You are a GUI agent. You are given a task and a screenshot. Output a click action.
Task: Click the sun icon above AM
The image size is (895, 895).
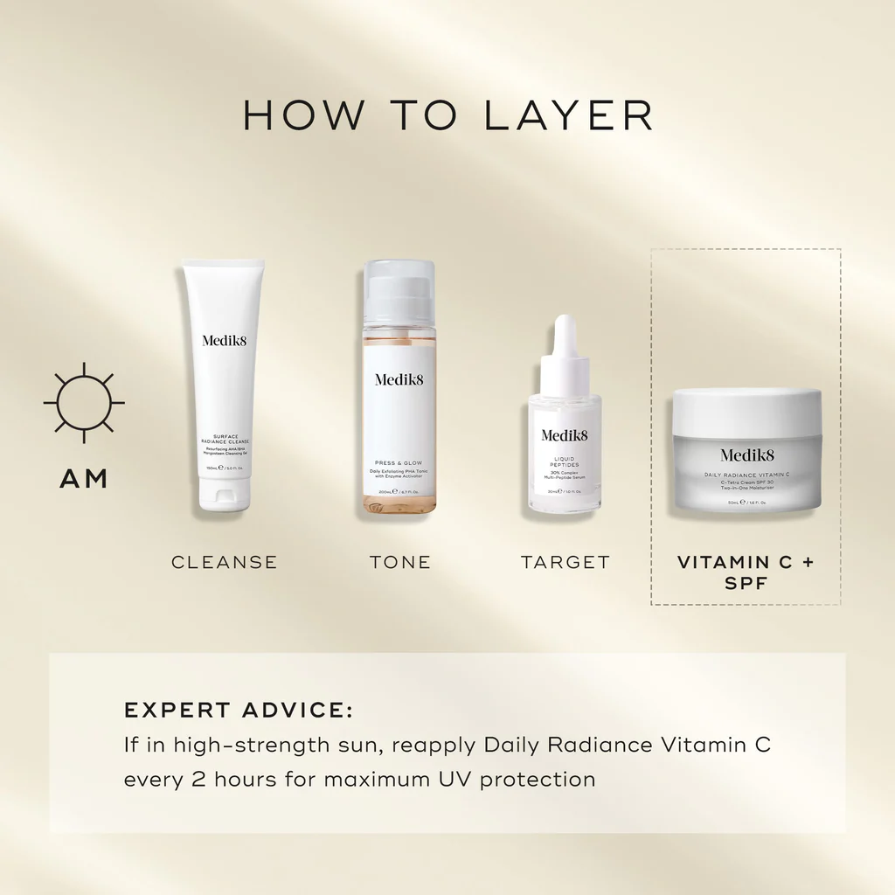84,402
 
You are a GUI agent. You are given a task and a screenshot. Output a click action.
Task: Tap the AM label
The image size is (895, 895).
84,479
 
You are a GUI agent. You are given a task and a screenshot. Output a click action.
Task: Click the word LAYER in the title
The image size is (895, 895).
569,116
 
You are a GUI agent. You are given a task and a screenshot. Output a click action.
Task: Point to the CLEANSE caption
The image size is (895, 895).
225,562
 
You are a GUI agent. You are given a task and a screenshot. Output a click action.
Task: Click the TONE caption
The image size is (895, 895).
400,562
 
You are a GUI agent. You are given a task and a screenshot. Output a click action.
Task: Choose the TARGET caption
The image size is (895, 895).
565,562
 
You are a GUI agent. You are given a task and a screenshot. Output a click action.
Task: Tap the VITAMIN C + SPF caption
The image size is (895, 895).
746,572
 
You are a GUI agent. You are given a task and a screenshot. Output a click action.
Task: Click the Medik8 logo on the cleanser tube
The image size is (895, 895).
225,340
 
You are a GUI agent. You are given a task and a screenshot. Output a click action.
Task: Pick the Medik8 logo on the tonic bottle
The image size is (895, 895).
399,379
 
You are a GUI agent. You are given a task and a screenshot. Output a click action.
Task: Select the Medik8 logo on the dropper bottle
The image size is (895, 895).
565,435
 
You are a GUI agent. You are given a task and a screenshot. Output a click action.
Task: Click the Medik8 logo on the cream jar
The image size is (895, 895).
747,454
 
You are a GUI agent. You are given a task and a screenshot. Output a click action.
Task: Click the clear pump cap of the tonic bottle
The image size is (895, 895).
399,293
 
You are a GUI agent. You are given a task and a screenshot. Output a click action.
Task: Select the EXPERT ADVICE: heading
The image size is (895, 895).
239,710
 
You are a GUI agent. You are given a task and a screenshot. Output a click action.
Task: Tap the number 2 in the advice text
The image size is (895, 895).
201,778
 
